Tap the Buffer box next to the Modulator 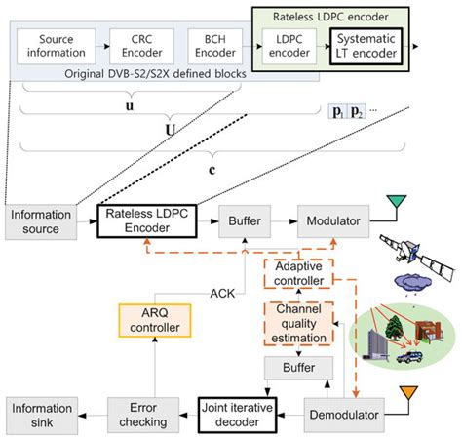243,221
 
